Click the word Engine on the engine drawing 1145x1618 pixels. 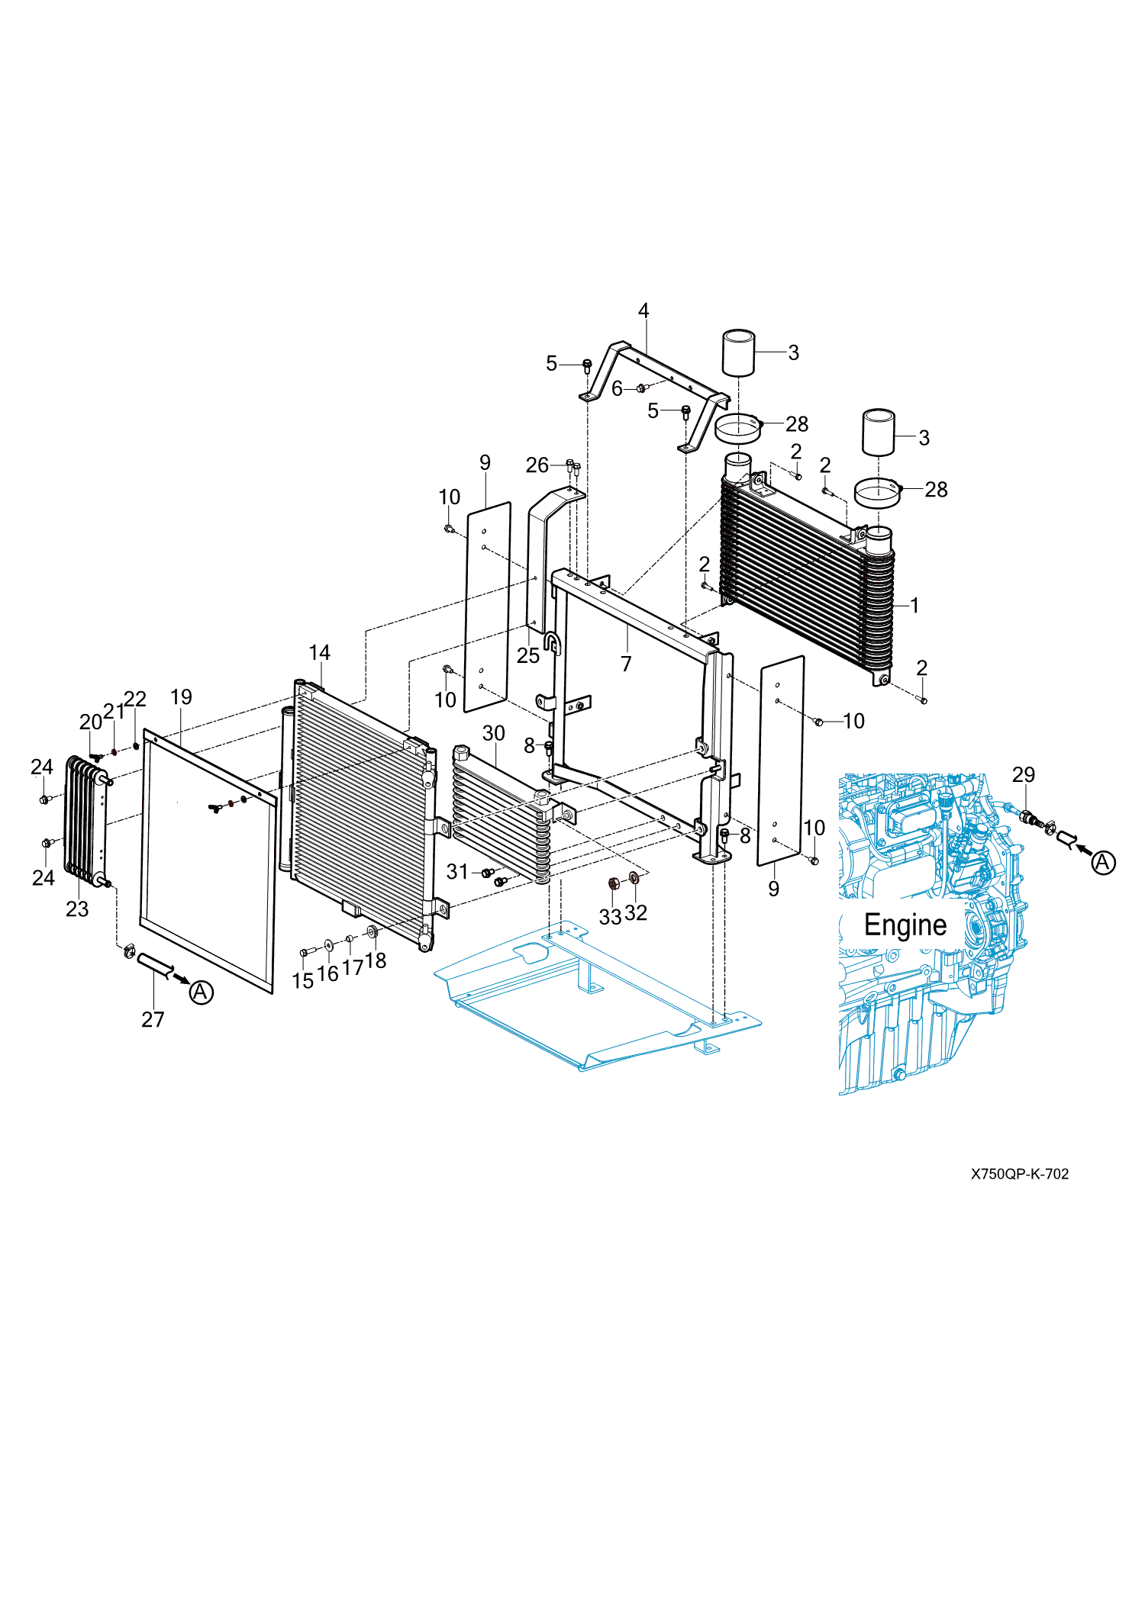(905, 925)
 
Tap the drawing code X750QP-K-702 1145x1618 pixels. (1020, 1174)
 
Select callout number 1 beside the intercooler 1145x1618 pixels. (914, 606)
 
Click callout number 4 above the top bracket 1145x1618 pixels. (643, 311)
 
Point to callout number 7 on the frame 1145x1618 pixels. (626, 664)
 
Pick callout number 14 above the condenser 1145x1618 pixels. (319, 653)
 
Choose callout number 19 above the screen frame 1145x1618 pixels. (181, 697)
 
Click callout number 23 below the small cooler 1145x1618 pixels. (77, 909)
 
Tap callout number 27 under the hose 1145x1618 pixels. (153, 1020)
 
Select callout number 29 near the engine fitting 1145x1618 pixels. (1024, 775)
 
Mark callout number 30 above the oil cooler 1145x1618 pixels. (494, 734)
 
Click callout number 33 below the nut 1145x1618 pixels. (610, 917)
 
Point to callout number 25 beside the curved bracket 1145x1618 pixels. (528, 656)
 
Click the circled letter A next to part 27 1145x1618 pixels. (201, 992)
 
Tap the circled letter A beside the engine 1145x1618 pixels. (1103, 863)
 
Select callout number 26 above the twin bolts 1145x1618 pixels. (537, 465)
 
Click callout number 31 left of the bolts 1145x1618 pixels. (457, 872)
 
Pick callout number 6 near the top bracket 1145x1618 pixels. (617, 389)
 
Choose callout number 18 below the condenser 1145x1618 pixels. (376, 961)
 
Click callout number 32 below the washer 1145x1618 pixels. (636, 913)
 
